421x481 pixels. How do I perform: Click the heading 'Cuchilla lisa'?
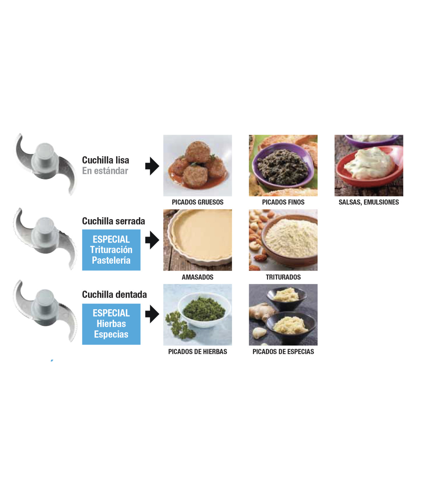click(x=105, y=160)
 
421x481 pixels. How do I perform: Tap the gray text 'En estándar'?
click(x=105, y=171)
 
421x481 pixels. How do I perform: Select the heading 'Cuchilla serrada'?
click(x=113, y=221)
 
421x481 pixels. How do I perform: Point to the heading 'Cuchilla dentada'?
click(x=114, y=294)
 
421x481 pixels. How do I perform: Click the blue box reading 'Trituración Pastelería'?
click(x=111, y=250)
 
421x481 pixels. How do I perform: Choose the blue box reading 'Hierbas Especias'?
click(x=111, y=324)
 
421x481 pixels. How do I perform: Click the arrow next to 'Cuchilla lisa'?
click(x=152, y=166)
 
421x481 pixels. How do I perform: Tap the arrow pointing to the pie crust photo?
click(x=152, y=240)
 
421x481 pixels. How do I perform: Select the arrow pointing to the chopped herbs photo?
click(x=152, y=314)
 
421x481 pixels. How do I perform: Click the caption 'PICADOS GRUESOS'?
click(x=198, y=202)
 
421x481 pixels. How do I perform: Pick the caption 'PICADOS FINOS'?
click(x=283, y=202)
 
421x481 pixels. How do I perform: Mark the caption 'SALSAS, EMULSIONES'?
click(x=369, y=202)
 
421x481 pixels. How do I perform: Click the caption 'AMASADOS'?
click(x=198, y=277)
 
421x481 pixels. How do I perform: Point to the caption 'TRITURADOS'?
click(x=283, y=277)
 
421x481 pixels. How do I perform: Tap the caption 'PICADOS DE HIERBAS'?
click(x=198, y=352)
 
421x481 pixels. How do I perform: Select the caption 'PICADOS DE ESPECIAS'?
click(x=283, y=352)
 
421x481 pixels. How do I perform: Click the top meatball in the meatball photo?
click(x=198, y=152)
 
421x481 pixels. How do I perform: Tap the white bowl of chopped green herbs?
click(x=204, y=310)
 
